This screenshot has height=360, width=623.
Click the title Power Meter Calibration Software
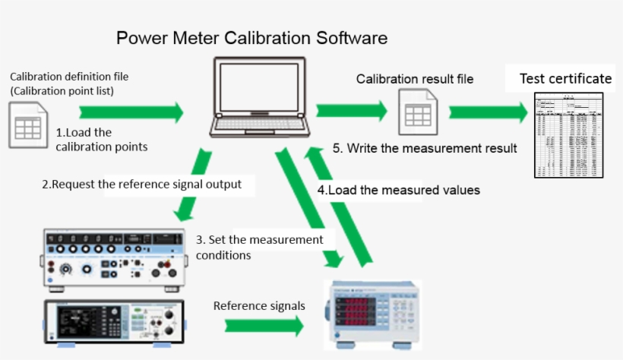[252, 38]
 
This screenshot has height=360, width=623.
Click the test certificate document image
[568, 135]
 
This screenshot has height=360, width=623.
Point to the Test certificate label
[565, 78]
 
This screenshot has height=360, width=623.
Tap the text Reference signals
[259, 305]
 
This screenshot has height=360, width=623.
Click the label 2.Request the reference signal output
[143, 184]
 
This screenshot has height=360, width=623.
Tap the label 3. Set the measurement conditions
[259, 247]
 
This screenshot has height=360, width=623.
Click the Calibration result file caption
[415, 78]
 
